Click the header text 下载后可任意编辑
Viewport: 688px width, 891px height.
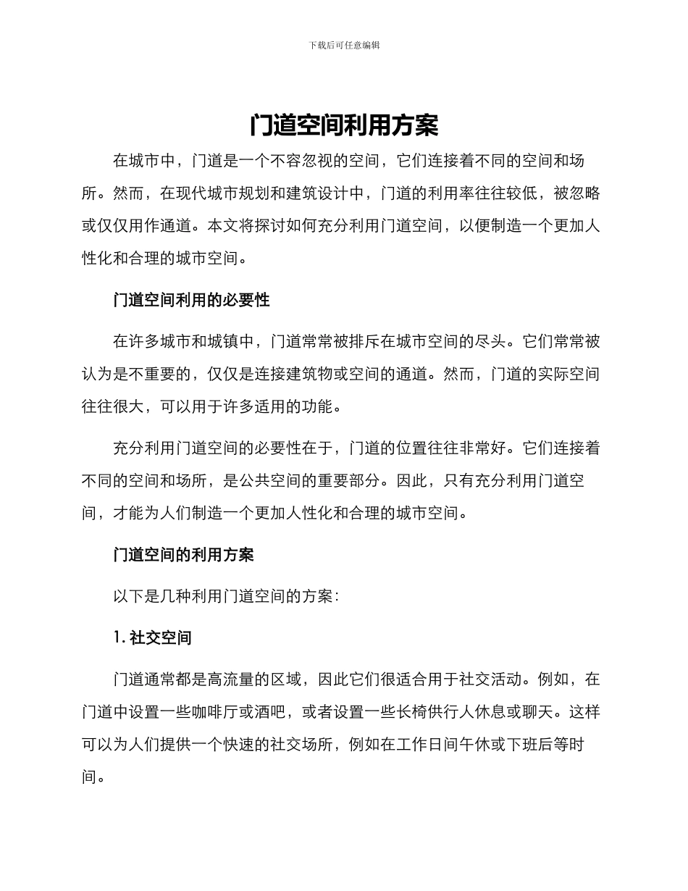coord(344,45)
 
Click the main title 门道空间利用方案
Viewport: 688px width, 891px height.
coord(344,126)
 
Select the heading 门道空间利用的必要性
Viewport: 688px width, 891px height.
coord(191,300)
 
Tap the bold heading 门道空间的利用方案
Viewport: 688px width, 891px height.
coord(183,555)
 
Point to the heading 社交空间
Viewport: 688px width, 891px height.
coord(160,638)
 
